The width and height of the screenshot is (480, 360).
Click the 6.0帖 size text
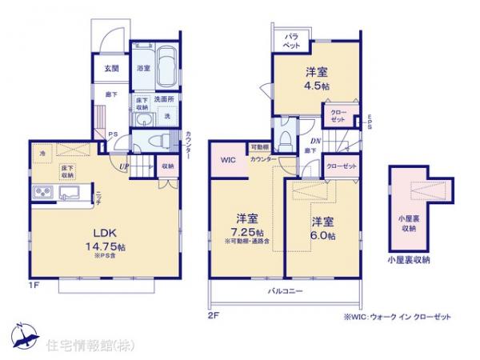coord(323,236)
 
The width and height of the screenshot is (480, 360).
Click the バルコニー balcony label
coord(285,291)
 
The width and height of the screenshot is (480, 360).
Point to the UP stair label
coord(124,166)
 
